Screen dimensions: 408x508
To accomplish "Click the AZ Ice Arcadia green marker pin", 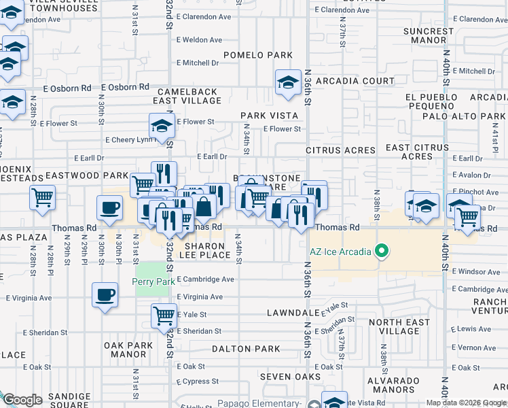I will [x=382, y=252].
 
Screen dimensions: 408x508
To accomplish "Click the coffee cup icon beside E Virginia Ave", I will [x=105, y=295].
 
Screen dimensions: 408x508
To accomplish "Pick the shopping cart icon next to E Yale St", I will [x=164, y=315].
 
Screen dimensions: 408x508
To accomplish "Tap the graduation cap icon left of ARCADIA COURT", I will [x=288, y=82].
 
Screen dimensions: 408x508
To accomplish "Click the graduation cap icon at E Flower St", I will [x=162, y=125].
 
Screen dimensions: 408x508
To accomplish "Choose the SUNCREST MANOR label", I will [x=428, y=36].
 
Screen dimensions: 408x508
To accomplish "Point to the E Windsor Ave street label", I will [x=475, y=271].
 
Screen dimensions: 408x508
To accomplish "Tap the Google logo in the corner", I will [x=22, y=400].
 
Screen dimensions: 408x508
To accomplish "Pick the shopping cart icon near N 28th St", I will [x=42, y=198].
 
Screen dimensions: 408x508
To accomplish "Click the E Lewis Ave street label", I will [x=474, y=329].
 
